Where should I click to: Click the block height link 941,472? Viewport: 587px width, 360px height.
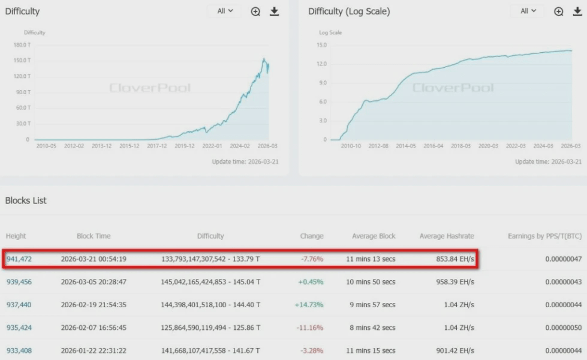click(19, 259)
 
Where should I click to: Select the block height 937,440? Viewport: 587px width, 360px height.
click(19, 305)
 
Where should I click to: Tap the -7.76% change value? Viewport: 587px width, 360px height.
click(312, 259)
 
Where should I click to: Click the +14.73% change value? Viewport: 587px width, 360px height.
click(309, 305)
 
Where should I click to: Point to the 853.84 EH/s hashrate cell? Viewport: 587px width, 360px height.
click(455, 259)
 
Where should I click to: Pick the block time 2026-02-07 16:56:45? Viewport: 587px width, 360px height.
click(94, 328)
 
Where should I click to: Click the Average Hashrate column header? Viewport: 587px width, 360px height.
click(447, 236)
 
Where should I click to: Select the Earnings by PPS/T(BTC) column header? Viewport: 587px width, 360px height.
click(544, 236)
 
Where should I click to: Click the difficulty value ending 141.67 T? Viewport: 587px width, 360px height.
click(210, 350)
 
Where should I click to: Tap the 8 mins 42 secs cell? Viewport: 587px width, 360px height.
click(371, 328)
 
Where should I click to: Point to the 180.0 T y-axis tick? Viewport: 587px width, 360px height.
click(22, 45)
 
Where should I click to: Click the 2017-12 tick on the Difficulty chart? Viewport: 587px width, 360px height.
click(157, 146)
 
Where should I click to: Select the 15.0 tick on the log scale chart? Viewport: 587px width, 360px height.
click(321, 45)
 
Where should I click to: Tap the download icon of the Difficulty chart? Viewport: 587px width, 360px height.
click(274, 11)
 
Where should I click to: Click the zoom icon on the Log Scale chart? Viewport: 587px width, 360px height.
click(559, 11)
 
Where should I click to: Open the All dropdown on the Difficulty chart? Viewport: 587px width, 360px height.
click(225, 11)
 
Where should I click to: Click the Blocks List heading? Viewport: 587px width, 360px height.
click(26, 200)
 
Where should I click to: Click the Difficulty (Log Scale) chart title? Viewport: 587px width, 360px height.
click(349, 11)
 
